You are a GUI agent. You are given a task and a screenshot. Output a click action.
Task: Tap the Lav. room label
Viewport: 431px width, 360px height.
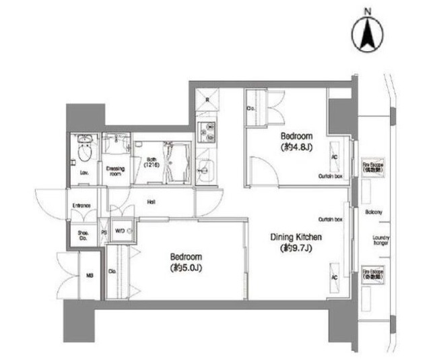[84, 173]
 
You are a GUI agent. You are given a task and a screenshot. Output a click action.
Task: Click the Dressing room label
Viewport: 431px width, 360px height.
[114, 170]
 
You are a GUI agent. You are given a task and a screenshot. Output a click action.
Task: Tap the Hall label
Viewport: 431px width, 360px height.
[152, 200]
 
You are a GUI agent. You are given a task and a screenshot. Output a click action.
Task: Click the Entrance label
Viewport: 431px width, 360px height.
[82, 206]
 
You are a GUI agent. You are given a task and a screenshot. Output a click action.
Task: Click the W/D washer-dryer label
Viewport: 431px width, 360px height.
[120, 229]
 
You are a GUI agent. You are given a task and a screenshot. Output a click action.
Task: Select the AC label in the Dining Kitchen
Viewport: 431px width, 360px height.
[333, 276]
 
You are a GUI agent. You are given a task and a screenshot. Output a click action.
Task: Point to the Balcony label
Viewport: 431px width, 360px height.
[374, 213]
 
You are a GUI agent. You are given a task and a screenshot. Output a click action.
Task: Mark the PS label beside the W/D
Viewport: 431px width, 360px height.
[104, 232]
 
